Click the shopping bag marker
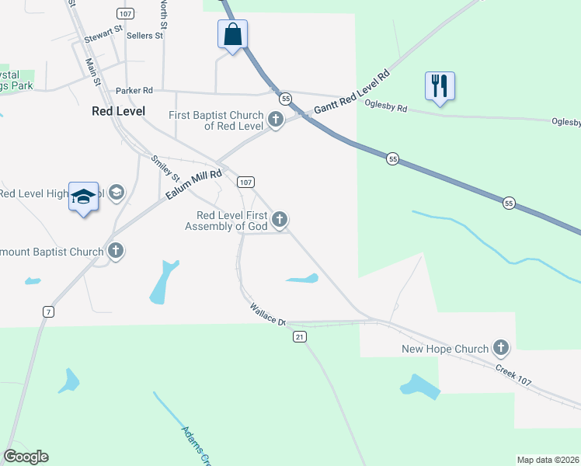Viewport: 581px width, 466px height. click(232, 35)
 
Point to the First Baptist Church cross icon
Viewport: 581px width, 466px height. click(276, 120)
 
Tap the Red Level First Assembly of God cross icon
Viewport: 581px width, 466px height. click(280, 221)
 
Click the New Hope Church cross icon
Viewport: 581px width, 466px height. click(501, 349)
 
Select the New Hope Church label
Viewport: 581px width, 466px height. click(445, 349)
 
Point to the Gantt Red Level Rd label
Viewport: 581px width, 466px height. click(350, 95)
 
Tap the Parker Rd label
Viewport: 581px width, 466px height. click(134, 91)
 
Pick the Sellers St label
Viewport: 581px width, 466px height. click(144, 35)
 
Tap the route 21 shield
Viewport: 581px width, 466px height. click(300, 336)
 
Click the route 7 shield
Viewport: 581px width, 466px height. click(48, 311)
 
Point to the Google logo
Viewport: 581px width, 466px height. click(26, 457)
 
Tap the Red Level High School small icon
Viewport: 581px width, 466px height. click(117, 192)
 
